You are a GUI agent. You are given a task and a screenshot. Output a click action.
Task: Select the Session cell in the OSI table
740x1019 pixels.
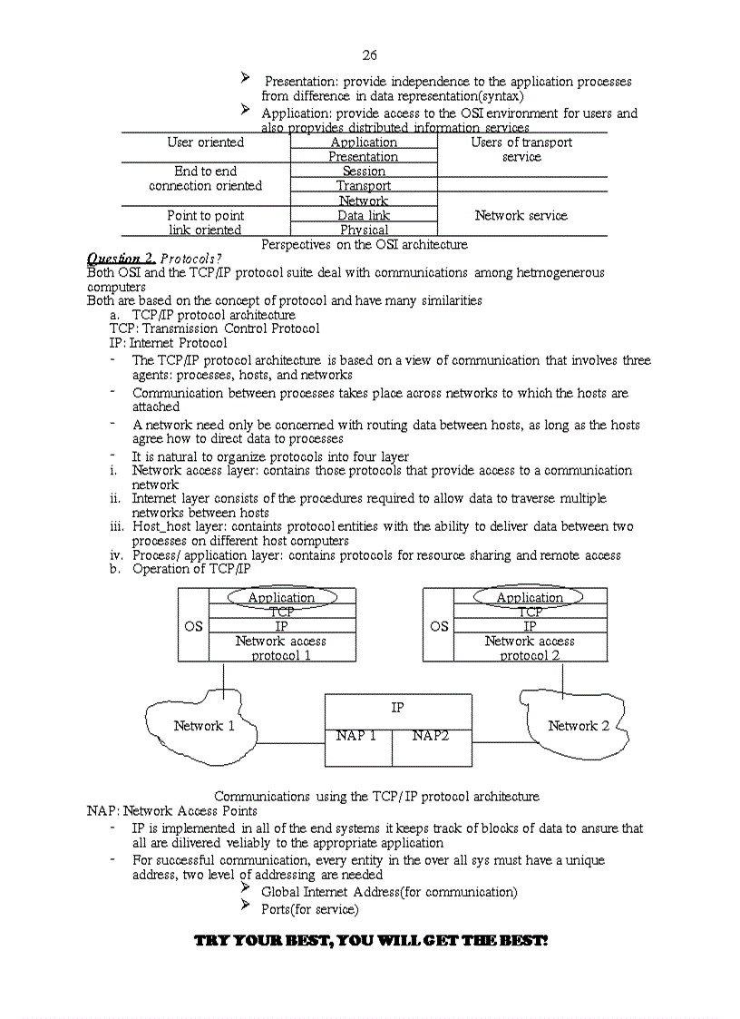pos(364,171)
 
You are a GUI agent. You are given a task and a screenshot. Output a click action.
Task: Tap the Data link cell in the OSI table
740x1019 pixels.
pos(364,216)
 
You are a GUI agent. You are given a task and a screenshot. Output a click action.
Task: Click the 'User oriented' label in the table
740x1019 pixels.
pos(206,142)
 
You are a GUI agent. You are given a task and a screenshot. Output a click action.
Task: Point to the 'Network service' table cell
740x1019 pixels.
pos(521,216)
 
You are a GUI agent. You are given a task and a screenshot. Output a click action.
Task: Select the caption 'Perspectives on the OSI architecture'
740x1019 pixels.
pos(365,245)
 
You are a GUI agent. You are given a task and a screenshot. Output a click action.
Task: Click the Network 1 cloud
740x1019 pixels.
pos(204,726)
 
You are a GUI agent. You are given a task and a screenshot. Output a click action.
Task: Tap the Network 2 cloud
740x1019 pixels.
pos(578,726)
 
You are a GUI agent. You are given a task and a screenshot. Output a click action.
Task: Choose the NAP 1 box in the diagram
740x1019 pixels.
pos(356,736)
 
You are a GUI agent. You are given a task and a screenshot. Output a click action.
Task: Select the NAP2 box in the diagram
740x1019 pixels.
pos(431,736)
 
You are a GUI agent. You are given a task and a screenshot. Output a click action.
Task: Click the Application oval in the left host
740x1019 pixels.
pos(281,597)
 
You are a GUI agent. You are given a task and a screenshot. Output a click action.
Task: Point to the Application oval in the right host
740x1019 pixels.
pos(530,597)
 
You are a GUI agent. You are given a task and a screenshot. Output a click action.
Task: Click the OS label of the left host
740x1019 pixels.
pos(193,626)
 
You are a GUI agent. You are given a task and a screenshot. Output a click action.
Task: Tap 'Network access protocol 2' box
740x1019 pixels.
pos(530,648)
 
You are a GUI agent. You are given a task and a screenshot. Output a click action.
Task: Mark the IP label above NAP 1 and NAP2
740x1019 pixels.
pos(397,708)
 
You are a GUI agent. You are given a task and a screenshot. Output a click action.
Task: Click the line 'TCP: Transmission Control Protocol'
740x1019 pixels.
pos(214,328)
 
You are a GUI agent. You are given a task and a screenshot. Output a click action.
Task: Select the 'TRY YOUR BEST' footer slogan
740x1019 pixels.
pos(371,941)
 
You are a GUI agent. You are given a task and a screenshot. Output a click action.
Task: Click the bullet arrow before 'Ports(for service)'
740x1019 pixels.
pos(245,906)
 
